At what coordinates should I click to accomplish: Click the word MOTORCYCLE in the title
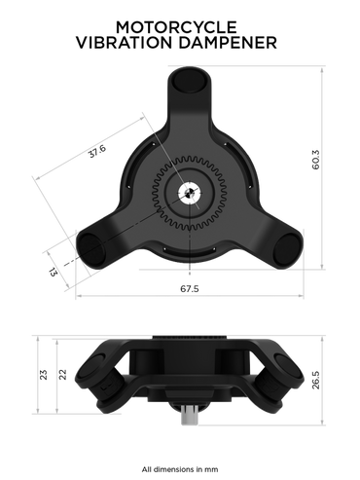[176, 27]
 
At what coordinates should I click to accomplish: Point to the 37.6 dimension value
[97, 151]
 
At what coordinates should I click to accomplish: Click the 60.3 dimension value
[315, 160]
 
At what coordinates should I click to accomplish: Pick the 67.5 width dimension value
[190, 288]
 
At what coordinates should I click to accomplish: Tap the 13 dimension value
[53, 272]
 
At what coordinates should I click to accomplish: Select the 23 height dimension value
[43, 375]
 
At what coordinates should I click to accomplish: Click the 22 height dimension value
[62, 375]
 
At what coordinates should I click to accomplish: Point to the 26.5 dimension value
[315, 380]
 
